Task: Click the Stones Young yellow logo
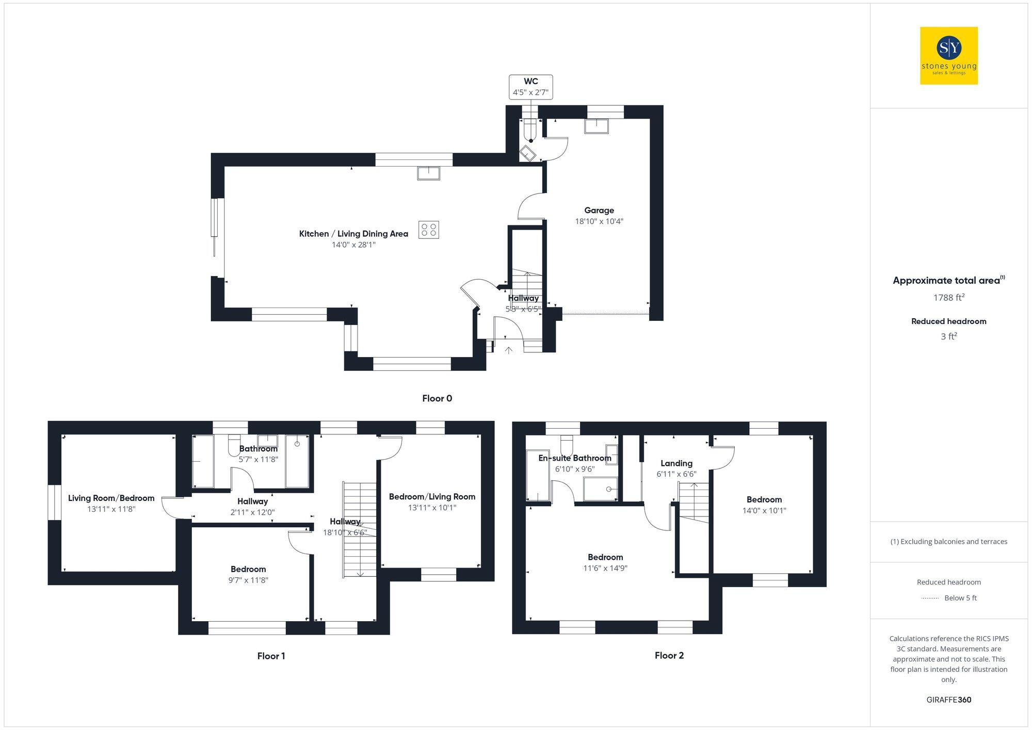pos(948,56)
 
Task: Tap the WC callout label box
pos(530,87)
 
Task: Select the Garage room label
pos(599,210)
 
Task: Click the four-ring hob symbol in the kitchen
pos(429,230)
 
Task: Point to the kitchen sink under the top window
pos(428,173)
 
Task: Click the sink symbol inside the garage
pos(596,126)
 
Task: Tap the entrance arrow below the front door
pos(508,350)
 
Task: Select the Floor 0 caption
pos(437,398)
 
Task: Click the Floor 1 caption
pos(271,656)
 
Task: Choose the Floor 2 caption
pos(669,655)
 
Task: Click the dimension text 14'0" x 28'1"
pos(353,245)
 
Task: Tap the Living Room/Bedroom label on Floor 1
pos(111,498)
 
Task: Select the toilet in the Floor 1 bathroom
pos(234,446)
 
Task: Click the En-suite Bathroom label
pos(574,458)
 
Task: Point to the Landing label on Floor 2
pos(676,463)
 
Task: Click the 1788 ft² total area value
pos(948,298)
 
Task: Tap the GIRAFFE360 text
pos(948,700)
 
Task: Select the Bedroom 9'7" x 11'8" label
pos(248,569)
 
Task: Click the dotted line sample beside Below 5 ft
pos(930,598)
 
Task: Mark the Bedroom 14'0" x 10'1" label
pos(764,499)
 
